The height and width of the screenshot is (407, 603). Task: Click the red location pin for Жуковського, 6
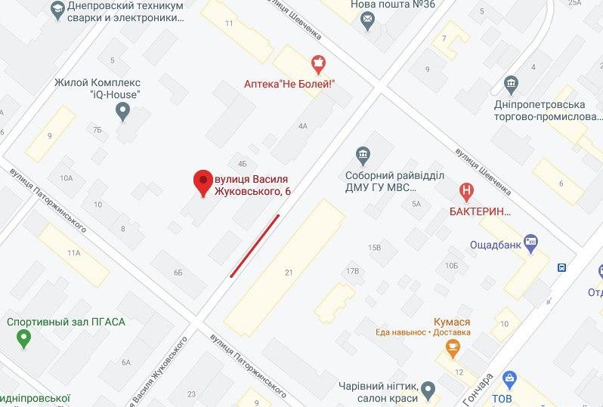(203, 182)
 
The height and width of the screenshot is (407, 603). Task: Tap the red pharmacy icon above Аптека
(319, 62)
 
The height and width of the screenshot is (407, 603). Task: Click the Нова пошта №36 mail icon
(368, 23)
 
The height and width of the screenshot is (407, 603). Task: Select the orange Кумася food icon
(452, 348)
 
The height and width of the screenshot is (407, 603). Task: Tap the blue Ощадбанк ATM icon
(530, 242)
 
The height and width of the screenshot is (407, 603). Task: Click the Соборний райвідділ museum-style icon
(363, 156)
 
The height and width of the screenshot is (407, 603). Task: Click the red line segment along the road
(255, 245)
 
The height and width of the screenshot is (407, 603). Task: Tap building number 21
(289, 272)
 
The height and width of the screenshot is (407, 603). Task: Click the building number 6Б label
(178, 272)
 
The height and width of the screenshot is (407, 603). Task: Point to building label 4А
(303, 126)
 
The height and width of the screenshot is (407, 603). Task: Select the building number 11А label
(73, 253)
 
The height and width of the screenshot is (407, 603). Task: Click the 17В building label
(351, 270)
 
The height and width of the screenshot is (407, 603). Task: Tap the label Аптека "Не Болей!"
(289, 84)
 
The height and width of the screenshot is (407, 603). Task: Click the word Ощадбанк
(495, 243)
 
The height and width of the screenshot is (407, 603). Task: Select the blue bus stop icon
(561, 267)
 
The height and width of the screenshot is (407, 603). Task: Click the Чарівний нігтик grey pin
(428, 390)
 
